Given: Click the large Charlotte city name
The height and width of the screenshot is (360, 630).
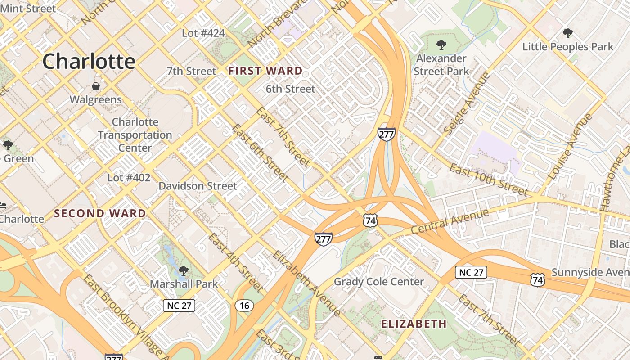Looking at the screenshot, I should (89, 61).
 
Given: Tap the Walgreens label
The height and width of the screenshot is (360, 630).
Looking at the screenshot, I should (95, 99).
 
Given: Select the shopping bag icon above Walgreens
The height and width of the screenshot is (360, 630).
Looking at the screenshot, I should (96, 86).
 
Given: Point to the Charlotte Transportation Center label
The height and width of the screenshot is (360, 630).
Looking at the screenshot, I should (135, 135).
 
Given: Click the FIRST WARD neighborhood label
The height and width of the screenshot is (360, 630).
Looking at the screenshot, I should (265, 71).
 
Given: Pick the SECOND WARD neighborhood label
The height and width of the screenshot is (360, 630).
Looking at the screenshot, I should (100, 213).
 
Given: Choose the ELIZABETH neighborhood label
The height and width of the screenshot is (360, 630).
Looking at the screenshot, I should (414, 324).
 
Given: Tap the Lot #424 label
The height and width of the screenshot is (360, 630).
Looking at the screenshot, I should (203, 33).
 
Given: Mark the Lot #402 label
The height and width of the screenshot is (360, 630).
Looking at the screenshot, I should (129, 178).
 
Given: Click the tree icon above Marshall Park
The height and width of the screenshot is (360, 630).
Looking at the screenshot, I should (183, 271).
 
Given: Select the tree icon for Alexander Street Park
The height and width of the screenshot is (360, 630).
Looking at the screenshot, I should (441, 45).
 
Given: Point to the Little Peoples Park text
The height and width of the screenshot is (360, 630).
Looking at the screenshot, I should (567, 47).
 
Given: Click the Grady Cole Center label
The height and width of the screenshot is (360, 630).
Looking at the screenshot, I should (379, 282).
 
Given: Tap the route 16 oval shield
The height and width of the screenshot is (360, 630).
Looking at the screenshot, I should (244, 306).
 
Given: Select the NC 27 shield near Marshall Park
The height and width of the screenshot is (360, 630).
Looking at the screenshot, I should (179, 306).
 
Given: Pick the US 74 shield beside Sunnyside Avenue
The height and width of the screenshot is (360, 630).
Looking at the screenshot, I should (538, 279).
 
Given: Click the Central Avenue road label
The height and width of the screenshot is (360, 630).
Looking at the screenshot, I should (450, 222).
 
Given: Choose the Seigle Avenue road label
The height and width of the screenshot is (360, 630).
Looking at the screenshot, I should (466, 103).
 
